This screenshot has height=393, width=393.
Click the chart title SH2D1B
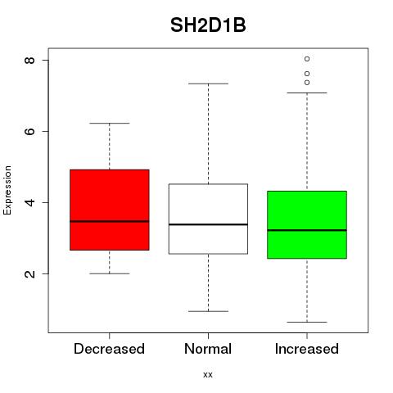tap(208, 25)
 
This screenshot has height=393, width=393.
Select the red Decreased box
tap(110, 210)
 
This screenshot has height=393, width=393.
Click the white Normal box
tap(208, 219)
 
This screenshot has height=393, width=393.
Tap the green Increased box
tap(307, 224)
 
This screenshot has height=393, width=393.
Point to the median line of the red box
tap(110, 221)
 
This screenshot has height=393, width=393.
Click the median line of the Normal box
tap(208, 224)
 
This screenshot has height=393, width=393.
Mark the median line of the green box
tap(307, 230)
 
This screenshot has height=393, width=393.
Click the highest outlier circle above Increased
tap(307, 59)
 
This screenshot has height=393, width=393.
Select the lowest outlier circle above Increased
tap(307, 83)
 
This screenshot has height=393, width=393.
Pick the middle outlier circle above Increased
tap(307, 74)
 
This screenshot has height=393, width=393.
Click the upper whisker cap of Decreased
tap(110, 124)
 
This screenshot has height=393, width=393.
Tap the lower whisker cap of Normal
tap(208, 311)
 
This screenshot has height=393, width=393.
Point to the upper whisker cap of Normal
tap(208, 84)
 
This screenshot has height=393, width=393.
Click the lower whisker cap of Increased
tap(307, 322)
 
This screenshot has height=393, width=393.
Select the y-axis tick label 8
tap(29, 60)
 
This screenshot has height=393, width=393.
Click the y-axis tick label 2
tap(29, 273)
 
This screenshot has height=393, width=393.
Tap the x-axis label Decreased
tap(109, 349)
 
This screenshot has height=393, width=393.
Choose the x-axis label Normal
tap(208, 349)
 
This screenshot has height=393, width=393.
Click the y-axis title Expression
tap(7, 190)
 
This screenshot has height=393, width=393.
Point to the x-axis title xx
tap(208, 375)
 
